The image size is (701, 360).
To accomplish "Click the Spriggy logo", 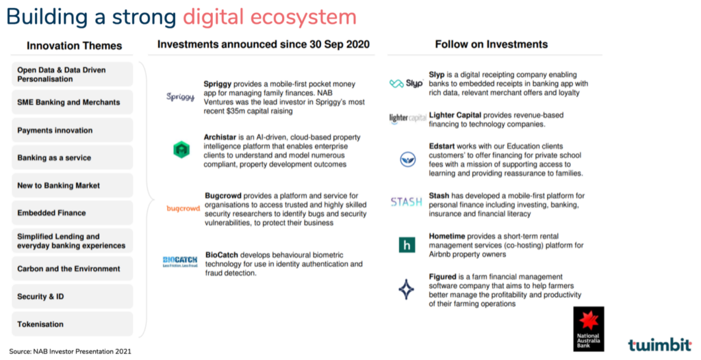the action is tap(181, 97).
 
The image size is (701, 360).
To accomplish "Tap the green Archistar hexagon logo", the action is tap(181, 149).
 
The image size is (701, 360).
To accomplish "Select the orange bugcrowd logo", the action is tap(183, 208).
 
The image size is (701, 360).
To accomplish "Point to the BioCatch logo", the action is tap(180, 261).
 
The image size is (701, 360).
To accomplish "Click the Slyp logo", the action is tap(406, 83).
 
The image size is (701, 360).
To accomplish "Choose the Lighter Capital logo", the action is tap(407, 118).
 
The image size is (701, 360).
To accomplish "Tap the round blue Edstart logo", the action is tap(408, 159).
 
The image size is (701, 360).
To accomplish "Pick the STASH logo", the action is tap(407, 202).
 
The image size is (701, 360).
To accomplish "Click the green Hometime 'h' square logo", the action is tap(407, 244).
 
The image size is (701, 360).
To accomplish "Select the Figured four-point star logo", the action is tap(407, 289).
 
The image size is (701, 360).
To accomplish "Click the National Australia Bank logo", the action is tap(588, 329).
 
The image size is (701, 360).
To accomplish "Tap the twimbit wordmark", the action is tap(659, 344).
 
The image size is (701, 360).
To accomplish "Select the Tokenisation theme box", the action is tap(73, 324).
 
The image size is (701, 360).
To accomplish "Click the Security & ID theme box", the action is tap(73, 296).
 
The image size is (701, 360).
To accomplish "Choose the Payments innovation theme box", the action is tap(73, 130).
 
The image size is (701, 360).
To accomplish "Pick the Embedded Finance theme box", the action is tap(73, 213).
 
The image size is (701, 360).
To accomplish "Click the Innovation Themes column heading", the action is tap(74, 46).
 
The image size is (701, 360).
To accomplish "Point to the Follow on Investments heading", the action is tap(492, 44).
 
